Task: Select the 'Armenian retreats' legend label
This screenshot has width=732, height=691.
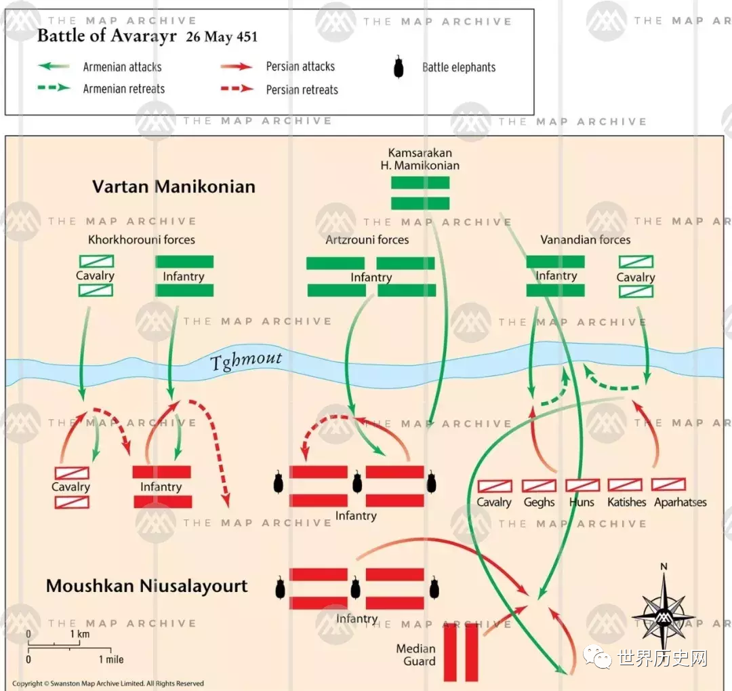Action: tap(124, 90)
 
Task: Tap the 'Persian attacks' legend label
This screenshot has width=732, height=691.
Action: tap(300, 66)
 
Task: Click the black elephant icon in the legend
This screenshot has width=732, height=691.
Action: tap(399, 67)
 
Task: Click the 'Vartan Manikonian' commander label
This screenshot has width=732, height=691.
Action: tap(174, 186)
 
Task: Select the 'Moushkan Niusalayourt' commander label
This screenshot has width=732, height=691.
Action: tap(147, 586)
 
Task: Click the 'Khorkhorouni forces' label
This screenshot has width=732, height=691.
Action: tap(142, 239)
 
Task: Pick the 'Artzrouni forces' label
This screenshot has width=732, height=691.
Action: tap(367, 239)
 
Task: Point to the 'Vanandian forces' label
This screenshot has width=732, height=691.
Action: tap(585, 239)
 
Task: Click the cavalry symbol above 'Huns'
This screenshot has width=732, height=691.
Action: tap(582, 486)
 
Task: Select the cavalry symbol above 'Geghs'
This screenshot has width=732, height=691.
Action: tap(539, 486)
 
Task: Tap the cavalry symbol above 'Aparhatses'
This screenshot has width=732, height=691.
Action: tap(668, 485)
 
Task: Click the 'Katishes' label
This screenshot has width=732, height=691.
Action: tap(626, 502)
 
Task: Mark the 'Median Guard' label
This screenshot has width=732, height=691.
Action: tap(415, 655)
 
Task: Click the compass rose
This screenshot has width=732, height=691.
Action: tap(664, 609)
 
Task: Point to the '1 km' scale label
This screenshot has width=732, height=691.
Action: tap(79, 635)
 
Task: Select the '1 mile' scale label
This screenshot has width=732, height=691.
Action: tap(111, 659)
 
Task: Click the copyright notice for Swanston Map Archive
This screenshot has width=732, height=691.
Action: tap(108, 684)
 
